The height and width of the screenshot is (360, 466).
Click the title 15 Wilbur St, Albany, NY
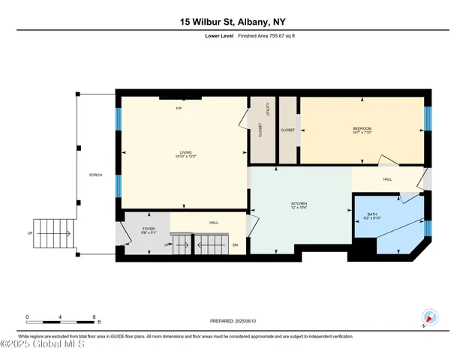233,22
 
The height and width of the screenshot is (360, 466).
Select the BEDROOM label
362,128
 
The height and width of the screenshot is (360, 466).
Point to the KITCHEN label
300,202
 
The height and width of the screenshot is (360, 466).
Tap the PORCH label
95,175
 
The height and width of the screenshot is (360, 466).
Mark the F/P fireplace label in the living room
179,109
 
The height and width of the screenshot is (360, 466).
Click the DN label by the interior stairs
235,244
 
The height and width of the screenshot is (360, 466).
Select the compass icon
428,319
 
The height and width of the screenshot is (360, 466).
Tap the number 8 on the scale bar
94,316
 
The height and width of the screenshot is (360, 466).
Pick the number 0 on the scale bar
27,316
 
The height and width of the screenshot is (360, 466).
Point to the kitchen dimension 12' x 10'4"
300,207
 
